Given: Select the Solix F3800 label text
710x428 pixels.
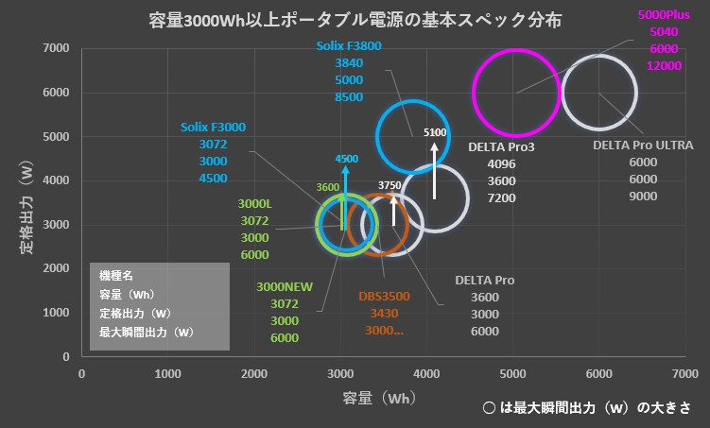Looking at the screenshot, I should (349, 46).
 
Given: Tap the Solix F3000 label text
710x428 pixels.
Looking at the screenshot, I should (213, 127).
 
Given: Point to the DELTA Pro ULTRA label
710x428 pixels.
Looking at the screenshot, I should (643, 146).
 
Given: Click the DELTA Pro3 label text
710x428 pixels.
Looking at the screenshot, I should (501, 146).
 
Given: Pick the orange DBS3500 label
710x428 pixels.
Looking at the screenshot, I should (384, 296).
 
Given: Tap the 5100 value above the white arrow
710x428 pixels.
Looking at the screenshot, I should (435, 133).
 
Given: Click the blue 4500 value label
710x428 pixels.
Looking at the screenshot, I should (346, 159).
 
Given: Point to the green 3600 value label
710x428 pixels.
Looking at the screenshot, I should (328, 187).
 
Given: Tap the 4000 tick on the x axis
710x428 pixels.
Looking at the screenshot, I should (426, 374).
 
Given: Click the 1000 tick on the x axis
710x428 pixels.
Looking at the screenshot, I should (168, 374).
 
